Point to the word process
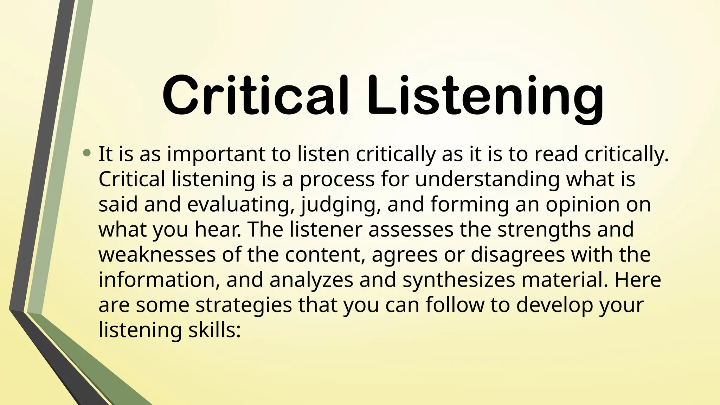click(337, 180)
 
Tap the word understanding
click(487, 180)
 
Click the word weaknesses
click(157, 255)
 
